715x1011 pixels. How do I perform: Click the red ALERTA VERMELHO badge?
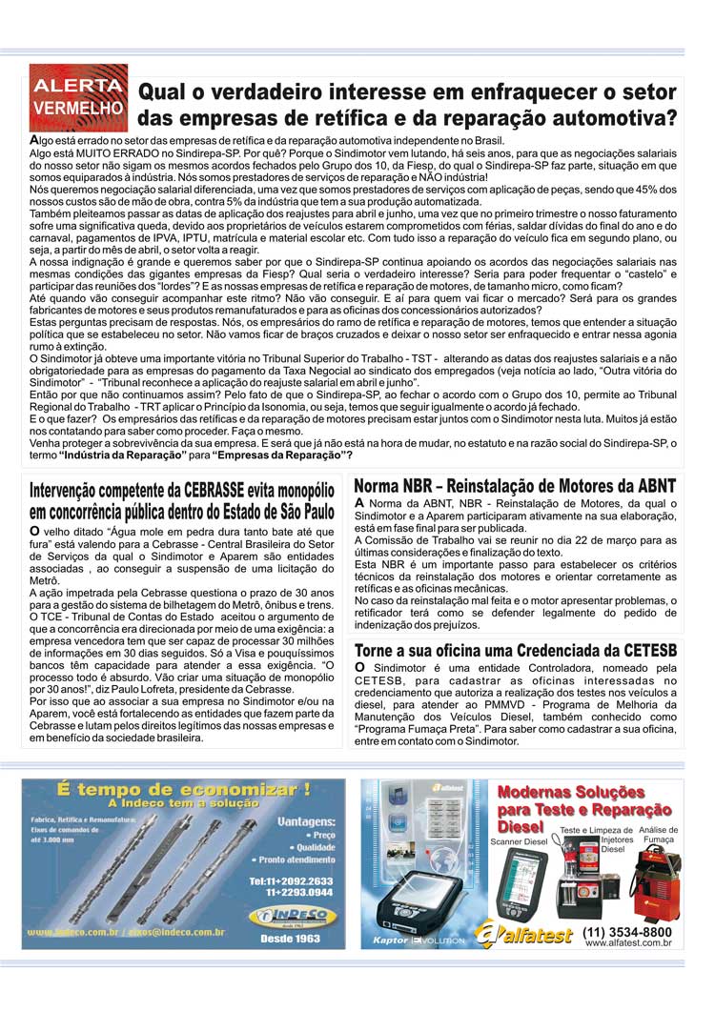(78, 96)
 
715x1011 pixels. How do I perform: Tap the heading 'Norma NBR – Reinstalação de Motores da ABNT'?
(514, 486)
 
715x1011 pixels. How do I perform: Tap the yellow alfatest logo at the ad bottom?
(524, 934)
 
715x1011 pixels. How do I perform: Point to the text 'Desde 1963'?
(289, 939)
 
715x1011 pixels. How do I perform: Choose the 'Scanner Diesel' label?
(519, 842)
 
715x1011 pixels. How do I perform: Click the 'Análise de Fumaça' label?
(658, 835)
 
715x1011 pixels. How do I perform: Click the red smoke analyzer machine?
(656, 881)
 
